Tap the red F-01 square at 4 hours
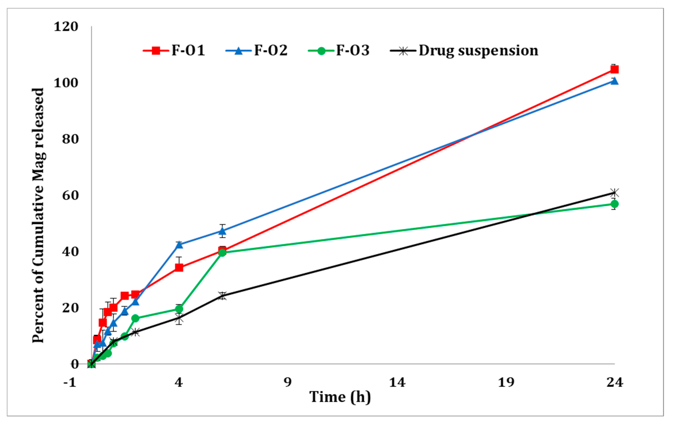(179, 268)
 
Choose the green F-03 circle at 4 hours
(179, 309)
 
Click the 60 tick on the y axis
(70, 196)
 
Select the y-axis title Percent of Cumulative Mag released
(38, 216)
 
